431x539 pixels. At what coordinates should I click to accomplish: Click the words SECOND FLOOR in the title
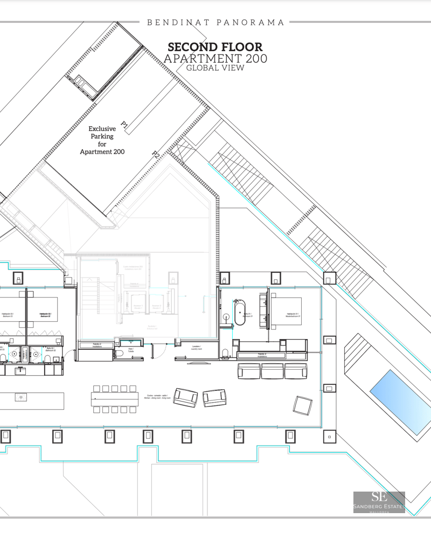point(215,47)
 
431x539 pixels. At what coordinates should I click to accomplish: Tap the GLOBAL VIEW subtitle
point(215,68)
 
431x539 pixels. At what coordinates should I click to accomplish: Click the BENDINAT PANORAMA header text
point(215,23)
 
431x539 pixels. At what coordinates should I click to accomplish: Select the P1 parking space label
point(124,126)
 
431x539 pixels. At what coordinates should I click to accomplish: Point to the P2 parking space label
point(155,155)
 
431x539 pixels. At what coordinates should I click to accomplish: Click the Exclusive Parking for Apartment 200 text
point(102,140)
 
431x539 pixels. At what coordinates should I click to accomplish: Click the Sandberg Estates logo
point(379,501)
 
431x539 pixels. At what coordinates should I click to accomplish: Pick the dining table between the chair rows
point(114,399)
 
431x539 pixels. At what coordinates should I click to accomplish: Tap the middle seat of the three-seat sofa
point(273,371)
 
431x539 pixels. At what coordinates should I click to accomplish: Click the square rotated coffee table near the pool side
point(303,405)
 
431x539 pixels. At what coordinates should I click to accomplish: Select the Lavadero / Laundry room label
point(196,348)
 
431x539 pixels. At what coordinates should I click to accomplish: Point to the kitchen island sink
point(20,397)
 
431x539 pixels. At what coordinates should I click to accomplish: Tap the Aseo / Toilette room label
point(131,350)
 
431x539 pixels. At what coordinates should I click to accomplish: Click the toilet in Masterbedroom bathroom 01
point(225,354)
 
